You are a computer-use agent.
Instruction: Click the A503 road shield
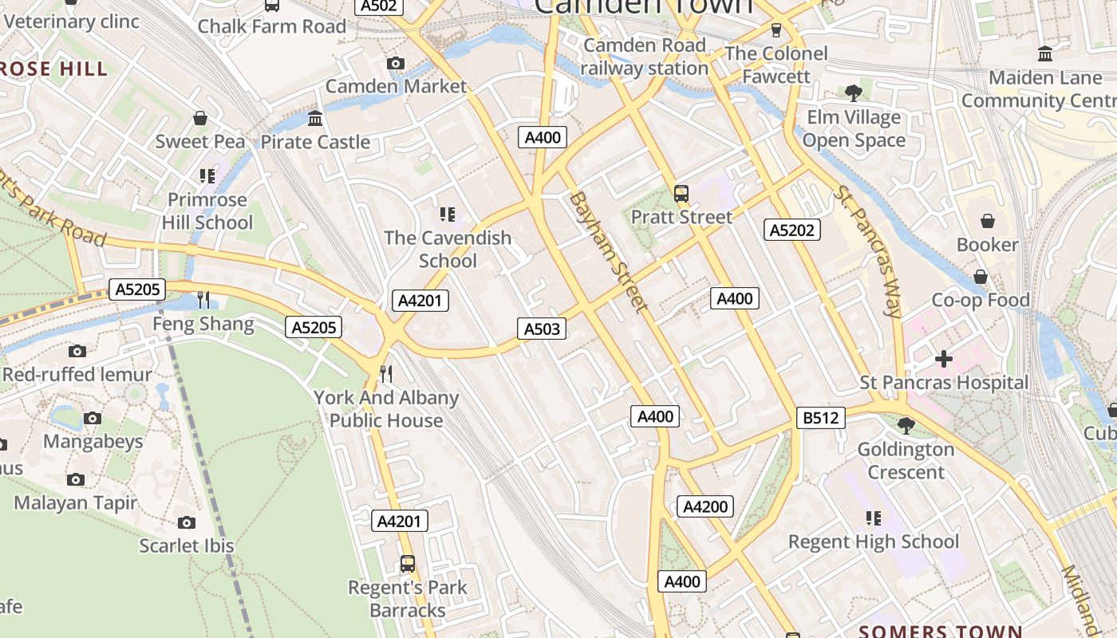(541, 329)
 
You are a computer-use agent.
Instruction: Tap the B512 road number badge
(820, 418)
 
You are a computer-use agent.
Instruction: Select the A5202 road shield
(791, 230)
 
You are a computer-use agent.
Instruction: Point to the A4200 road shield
(705, 506)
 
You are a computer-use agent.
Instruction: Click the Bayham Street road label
(607, 251)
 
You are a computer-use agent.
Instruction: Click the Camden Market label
(396, 86)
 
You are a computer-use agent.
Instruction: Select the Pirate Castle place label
(316, 142)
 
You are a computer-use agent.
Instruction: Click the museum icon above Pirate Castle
(315, 119)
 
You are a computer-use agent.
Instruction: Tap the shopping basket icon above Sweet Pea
(200, 118)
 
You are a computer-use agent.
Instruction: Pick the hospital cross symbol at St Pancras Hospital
(944, 359)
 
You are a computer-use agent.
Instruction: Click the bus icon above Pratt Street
(681, 193)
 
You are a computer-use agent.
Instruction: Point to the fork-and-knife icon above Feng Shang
(203, 300)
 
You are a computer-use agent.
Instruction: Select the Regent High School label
(874, 542)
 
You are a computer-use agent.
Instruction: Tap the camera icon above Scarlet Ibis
(187, 522)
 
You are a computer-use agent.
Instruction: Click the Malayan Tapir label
(76, 503)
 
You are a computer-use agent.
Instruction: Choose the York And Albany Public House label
(386, 409)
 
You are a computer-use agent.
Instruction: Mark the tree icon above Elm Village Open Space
(853, 93)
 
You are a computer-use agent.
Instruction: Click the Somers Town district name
(940, 632)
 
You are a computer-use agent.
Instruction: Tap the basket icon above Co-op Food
(981, 277)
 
